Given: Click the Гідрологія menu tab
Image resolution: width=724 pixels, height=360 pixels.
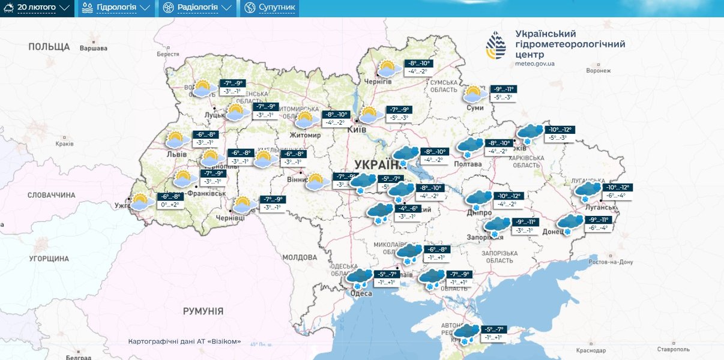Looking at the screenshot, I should click(x=116, y=8).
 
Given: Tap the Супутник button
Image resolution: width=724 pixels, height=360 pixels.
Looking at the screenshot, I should click(x=270, y=8).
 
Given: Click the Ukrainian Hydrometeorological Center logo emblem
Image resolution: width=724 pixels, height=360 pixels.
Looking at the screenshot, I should click(x=496, y=47).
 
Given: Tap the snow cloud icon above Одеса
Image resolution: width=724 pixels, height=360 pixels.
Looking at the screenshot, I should click(x=360, y=277).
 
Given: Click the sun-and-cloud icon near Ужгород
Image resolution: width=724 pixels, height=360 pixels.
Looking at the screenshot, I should click(x=142, y=202).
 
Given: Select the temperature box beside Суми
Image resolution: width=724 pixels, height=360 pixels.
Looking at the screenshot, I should click(x=503, y=93).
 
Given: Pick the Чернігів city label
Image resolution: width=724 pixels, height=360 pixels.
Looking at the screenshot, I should click(x=378, y=81).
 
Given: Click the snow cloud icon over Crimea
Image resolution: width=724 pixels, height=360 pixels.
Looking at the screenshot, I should click(x=466, y=332).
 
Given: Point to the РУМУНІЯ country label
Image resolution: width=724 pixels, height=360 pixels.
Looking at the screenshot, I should click(x=203, y=311).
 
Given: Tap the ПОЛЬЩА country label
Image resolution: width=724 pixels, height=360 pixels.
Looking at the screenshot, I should click(x=49, y=47).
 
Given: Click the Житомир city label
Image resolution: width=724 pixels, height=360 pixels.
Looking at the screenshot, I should click(x=306, y=135).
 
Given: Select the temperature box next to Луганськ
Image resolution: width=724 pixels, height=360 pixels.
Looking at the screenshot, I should click(x=617, y=191).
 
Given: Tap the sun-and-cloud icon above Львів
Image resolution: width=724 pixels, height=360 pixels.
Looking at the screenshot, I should click(x=175, y=140).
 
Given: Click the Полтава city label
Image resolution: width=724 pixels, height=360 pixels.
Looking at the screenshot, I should click(x=468, y=164).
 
